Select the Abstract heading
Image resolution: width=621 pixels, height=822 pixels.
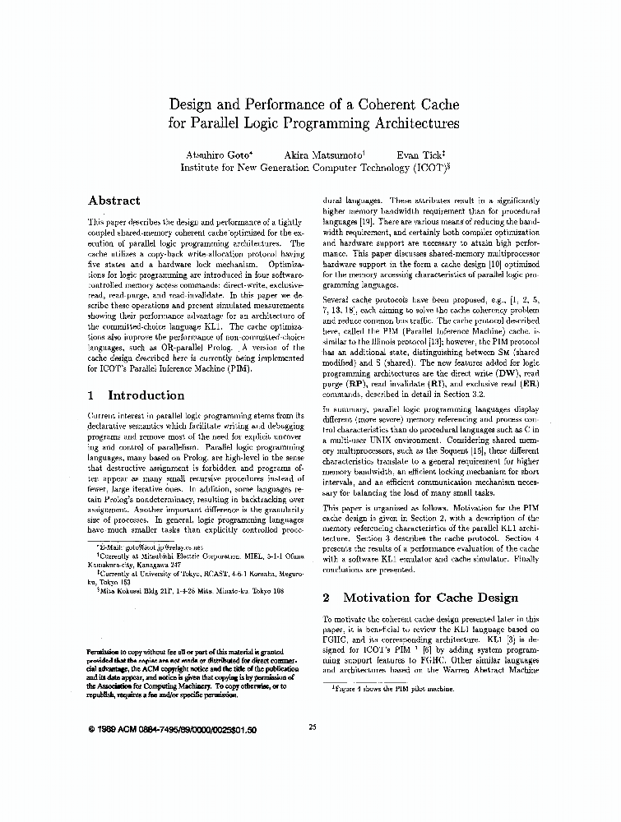click(x=114, y=201)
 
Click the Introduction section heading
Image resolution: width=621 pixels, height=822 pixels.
click(x=146, y=395)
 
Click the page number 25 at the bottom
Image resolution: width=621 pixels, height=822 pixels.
click(x=312, y=726)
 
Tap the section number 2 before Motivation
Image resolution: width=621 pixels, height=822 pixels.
click(x=327, y=598)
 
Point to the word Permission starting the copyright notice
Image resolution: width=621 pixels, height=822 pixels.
click(x=106, y=649)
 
